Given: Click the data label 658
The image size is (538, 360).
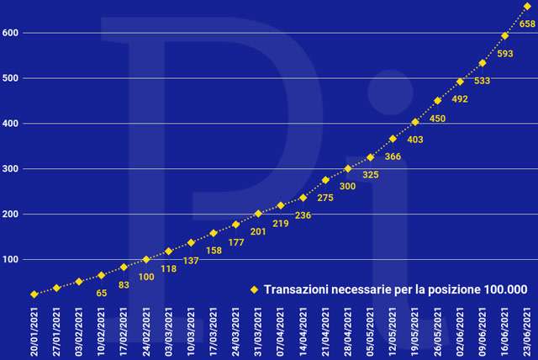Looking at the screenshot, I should pyautogui.click(x=528, y=24).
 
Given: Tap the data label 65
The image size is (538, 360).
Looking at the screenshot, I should pyautogui.click(x=102, y=294).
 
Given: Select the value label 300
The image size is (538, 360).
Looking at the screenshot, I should pyautogui.click(x=347, y=187).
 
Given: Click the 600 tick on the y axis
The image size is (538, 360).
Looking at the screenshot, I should pyautogui.click(x=11, y=33).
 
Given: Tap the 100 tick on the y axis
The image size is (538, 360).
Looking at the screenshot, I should pyautogui.click(x=11, y=259).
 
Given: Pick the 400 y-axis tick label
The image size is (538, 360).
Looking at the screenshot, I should pyautogui.click(x=11, y=124).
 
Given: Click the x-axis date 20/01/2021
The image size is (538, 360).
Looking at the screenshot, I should pyautogui.click(x=34, y=331).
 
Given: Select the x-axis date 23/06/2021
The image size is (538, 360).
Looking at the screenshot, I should pyautogui.click(x=527, y=331).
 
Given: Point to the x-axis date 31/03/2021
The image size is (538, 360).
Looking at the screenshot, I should pyautogui.click(x=258, y=331).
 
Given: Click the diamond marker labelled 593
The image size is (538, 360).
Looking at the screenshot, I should pyautogui.click(x=504, y=36).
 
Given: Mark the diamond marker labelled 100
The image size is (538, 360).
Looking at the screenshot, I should pyautogui.click(x=146, y=259).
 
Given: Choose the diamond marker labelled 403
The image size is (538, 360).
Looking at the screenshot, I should pyautogui.click(x=414, y=122).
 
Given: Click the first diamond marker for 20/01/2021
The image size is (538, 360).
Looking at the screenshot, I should pyautogui.click(x=34, y=294).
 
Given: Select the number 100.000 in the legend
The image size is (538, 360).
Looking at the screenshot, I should pyautogui.click(x=506, y=289).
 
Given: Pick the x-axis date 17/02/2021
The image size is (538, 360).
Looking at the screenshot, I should pyautogui.click(x=124, y=331).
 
